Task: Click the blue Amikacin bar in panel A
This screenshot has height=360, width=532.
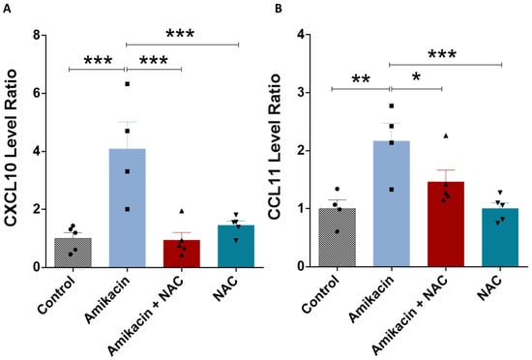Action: [128, 208]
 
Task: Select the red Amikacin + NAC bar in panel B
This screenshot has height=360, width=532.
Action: [446, 224]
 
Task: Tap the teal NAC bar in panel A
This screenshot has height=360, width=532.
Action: [236, 246]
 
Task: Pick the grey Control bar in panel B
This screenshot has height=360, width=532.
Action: [338, 237]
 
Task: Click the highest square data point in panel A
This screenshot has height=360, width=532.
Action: [128, 84]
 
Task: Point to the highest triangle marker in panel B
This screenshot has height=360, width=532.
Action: [446, 136]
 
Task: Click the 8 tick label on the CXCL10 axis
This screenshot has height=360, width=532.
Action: [37, 35]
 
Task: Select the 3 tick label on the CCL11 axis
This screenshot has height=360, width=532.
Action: [301, 93]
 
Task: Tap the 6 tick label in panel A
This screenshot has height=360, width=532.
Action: [37, 93]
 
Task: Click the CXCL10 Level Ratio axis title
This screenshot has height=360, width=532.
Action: [11, 148]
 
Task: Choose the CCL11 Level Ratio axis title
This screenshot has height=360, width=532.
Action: [275, 147]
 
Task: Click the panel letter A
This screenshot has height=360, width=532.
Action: [7, 9]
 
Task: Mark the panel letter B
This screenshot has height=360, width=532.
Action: [279, 9]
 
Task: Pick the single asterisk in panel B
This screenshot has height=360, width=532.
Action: [416, 76]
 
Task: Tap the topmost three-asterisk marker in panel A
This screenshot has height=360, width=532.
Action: [180, 33]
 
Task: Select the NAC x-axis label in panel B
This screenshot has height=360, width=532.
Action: [489, 288]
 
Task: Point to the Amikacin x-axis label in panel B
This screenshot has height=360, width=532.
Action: [370, 299]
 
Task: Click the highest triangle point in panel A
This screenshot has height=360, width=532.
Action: [182, 211]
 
